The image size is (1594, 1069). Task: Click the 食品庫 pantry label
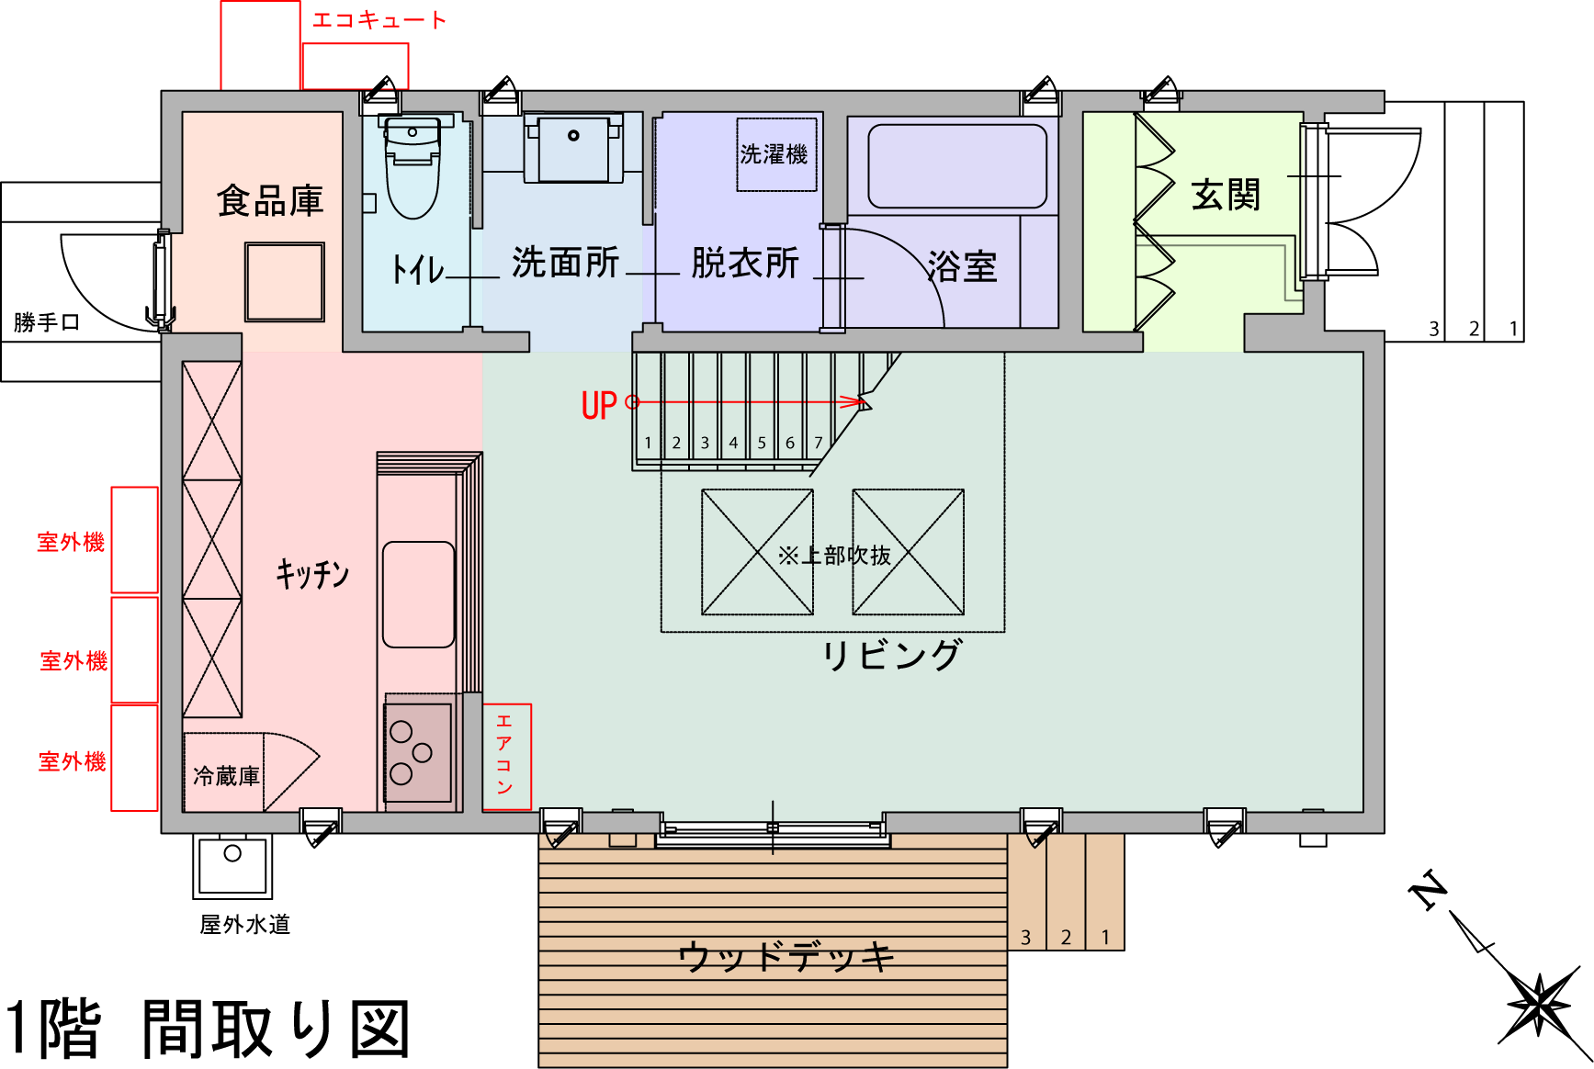point(270,200)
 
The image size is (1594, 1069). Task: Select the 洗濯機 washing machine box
point(775,154)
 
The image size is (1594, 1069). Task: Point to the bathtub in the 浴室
point(956,166)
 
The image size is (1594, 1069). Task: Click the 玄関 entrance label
point(1226,195)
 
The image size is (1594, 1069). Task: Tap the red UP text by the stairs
point(599,405)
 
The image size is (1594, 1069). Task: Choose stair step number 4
point(733,443)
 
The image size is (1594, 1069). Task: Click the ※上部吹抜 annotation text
point(834,556)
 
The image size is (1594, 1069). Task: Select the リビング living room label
point(891,656)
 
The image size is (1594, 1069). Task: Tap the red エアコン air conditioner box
point(506,756)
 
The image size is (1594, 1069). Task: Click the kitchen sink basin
point(418,594)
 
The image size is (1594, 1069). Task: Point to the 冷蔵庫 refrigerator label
point(226,776)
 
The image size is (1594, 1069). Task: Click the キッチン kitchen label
point(312,574)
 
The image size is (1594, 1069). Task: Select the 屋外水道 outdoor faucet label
point(245,924)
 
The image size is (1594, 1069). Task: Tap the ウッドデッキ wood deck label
point(786,957)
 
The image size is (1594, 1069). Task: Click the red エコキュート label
point(379,20)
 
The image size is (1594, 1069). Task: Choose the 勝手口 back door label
point(47,322)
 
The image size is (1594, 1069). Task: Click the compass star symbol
point(1539,1005)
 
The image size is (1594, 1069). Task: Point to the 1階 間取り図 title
point(207,1029)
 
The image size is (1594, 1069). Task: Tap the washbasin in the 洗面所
point(573,147)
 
